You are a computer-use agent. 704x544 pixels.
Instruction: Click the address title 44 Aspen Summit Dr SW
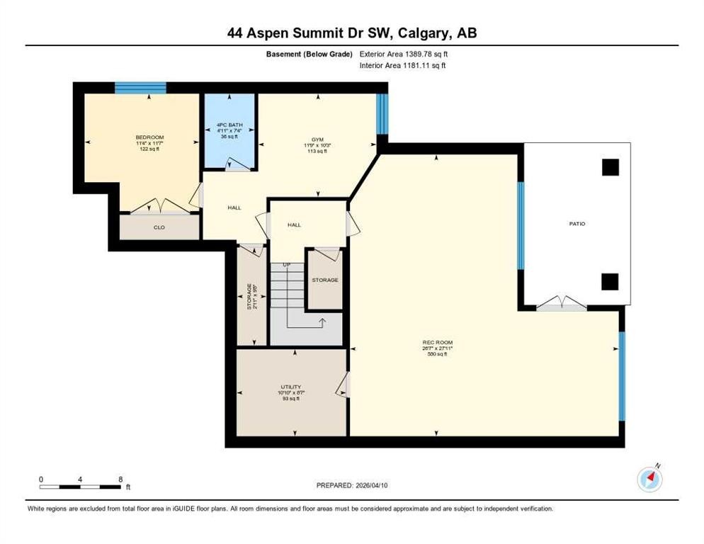[351, 33]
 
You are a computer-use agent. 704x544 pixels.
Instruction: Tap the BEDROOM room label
[149, 137]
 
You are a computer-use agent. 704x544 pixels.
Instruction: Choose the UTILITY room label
[290, 387]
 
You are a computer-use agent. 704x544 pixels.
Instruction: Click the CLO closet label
[159, 228]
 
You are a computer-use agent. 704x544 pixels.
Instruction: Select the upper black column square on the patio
[610, 167]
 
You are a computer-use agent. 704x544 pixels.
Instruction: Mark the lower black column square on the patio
[610, 281]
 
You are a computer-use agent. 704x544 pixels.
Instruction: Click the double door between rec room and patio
[561, 305]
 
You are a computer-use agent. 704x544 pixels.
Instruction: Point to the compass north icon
[649, 479]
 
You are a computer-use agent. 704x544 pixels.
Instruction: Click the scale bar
[79, 487]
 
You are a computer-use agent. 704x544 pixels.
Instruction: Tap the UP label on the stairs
[286, 266]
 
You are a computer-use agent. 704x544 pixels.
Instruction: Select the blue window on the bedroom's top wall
[140, 88]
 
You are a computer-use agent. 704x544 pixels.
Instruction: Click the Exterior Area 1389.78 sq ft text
[404, 54]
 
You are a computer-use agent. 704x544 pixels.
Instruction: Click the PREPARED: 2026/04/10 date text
[351, 485]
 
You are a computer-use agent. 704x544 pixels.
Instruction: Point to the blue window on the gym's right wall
[382, 113]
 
